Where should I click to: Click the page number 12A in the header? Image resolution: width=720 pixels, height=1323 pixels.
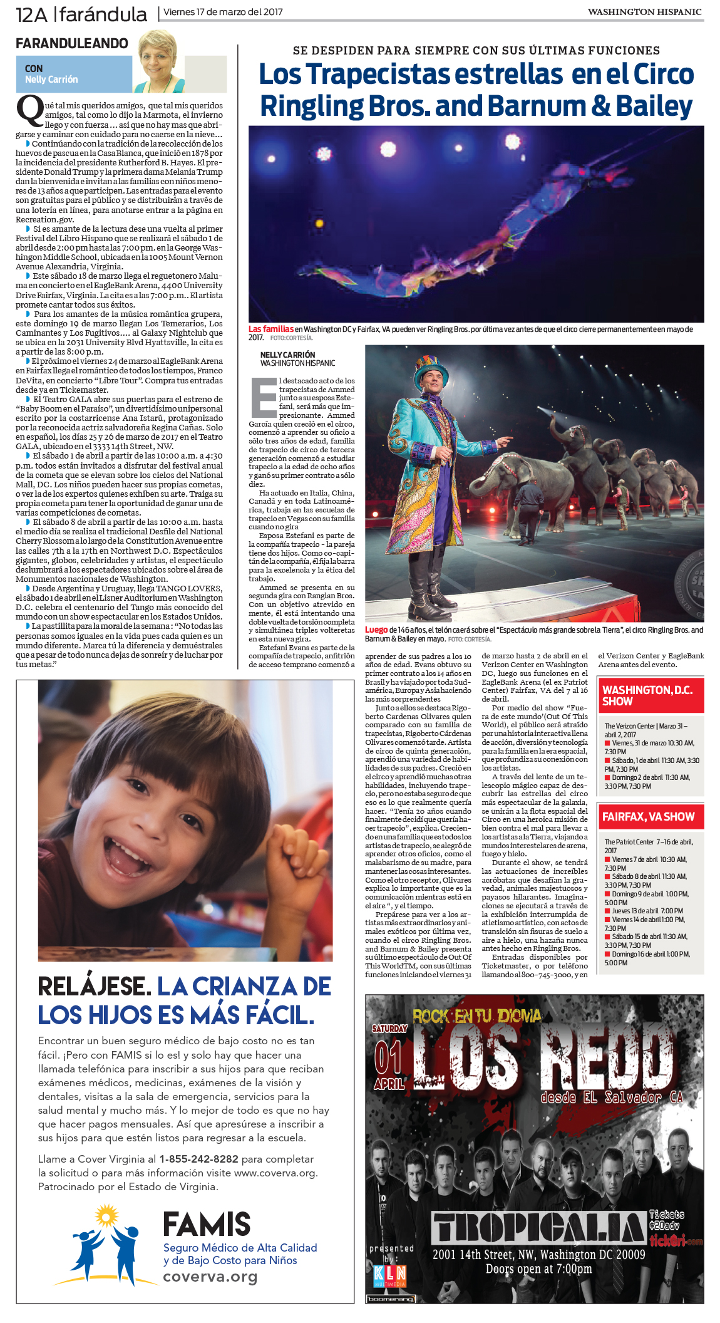[31, 14]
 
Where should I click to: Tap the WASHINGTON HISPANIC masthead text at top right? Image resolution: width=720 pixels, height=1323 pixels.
[644, 12]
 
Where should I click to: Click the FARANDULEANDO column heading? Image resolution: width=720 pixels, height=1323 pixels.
[71, 44]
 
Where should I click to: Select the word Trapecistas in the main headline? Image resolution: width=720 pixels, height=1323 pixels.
[378, 75]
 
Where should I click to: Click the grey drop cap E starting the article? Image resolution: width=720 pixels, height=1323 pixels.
[264, 397]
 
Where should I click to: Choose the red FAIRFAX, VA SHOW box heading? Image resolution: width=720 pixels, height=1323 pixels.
[649, 817]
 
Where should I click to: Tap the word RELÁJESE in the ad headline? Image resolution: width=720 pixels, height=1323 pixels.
[94, 987]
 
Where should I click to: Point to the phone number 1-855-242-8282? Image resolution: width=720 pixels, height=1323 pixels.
[198, 1159]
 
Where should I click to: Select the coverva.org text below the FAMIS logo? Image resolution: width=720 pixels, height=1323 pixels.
[210, 1277]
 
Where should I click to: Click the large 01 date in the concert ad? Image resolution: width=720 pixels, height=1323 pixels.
[388, 1057]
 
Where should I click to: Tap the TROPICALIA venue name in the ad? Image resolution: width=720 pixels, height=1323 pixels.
[538, 1228]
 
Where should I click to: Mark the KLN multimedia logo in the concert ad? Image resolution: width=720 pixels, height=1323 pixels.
[389, 1274]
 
